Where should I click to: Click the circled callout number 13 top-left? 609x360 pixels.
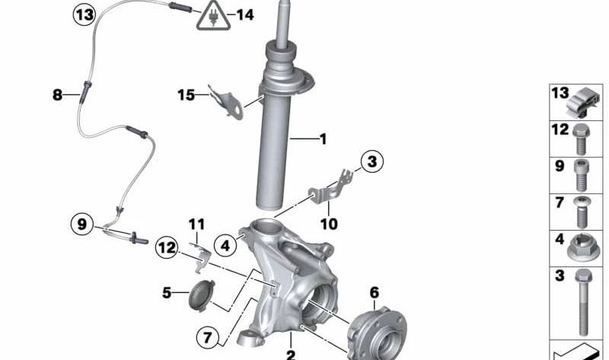[85, 14]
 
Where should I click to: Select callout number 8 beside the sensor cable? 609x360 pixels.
[58, 95]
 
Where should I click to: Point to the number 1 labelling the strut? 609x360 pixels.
[322, 139]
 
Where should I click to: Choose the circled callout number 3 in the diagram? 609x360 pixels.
[371, 161]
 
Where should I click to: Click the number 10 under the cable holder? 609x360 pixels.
[329, 225]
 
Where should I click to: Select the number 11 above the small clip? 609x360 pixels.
[197, 224]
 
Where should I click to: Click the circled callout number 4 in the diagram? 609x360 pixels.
[225, 245]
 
